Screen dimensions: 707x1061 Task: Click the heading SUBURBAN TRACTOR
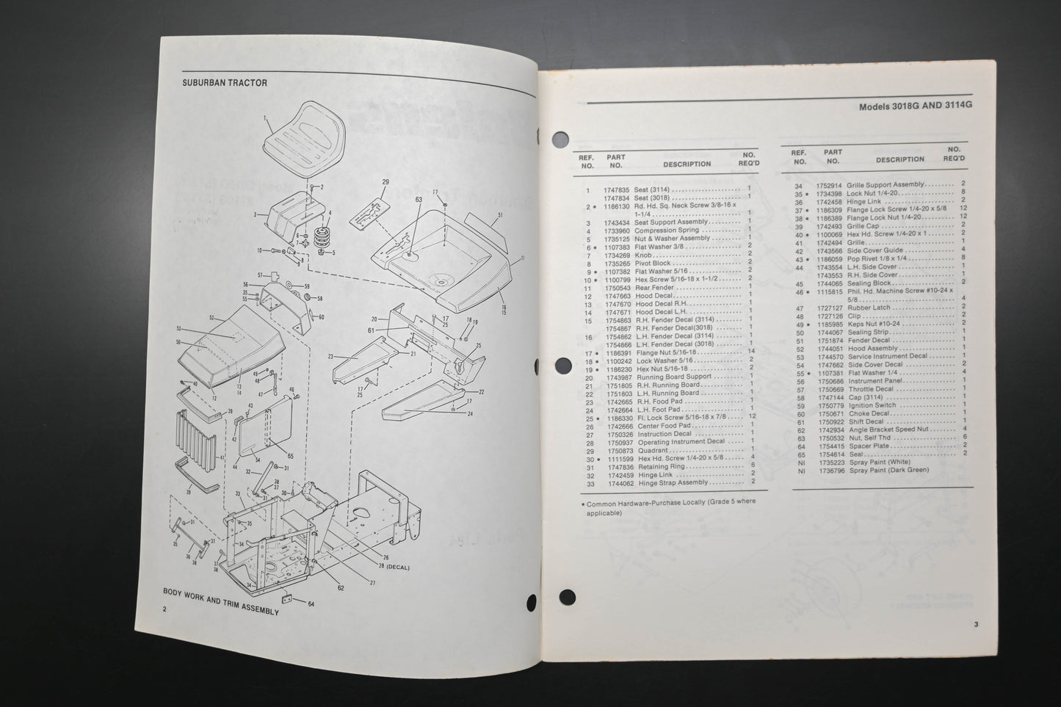(x=225, y=83)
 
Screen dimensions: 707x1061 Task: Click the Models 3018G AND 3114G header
(x=916, y=106)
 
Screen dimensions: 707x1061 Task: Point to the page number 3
(x=976, y=625)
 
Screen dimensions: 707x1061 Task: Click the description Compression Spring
(x=662, y=231)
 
